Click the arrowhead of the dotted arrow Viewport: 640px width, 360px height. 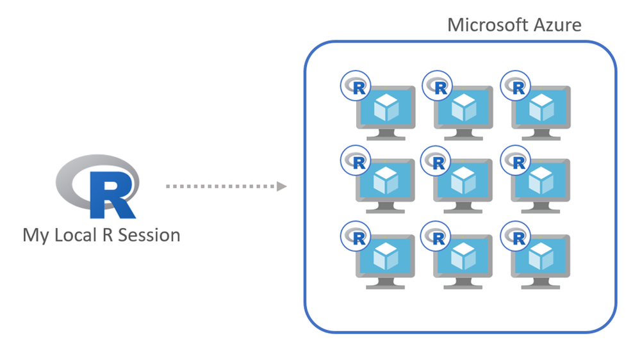pos(281,186)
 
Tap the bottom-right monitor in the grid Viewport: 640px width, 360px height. pos(540,259)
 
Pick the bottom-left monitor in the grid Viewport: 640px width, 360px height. pos(385,259)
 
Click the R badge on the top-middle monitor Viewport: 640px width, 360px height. pos(436,86)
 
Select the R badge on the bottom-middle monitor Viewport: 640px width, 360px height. pos(436,236)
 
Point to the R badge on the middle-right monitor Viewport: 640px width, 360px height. pos(514,161)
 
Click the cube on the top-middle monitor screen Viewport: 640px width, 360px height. pos(463,107)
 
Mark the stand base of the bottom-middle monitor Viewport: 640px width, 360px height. pos(463,286)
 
